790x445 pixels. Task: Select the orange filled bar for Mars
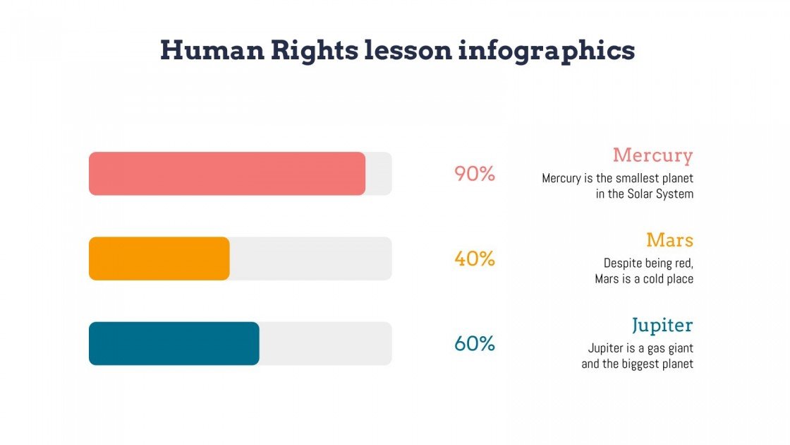click(159, 259)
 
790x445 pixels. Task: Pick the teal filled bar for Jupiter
click(174, 343)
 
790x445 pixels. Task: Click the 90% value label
click(475, 174)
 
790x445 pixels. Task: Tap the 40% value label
click(475, 259)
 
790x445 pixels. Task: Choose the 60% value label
click(475, 344)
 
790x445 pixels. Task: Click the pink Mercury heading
click(652, 155)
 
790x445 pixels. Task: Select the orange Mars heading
click(669, 240)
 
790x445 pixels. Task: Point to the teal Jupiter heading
click(662, 326)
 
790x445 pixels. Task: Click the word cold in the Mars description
click(654, 279)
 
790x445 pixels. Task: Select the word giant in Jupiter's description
click(679, 348)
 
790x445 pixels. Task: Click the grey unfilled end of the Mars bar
click(310, 259)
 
